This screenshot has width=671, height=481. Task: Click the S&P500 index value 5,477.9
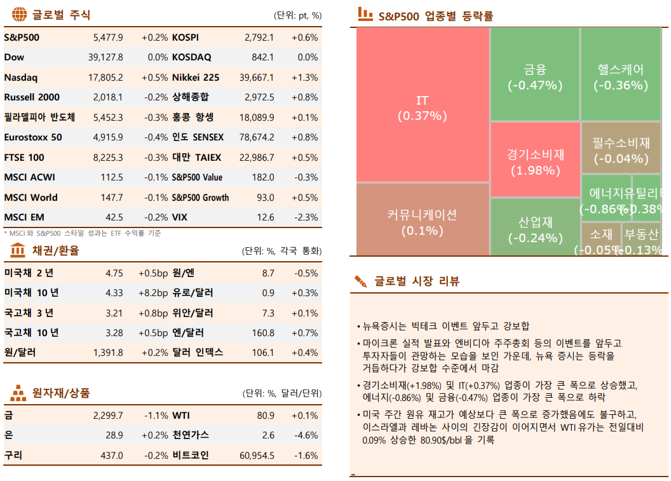point(107,37)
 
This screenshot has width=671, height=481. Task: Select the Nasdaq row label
point(21,78)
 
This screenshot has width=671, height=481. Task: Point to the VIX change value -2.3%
point(305,217)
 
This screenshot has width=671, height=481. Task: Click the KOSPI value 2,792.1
point(259,37)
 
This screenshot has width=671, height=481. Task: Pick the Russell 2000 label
point(32,97)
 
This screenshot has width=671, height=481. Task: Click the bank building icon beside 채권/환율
point(18,250)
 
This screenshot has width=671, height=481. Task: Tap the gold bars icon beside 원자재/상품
point(18,393)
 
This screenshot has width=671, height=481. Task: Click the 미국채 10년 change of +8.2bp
point(152,293)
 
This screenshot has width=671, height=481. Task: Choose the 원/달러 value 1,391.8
point(107,353)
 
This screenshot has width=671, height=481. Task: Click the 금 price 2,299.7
point(107,416)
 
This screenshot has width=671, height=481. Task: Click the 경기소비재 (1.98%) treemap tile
point(535,161)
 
